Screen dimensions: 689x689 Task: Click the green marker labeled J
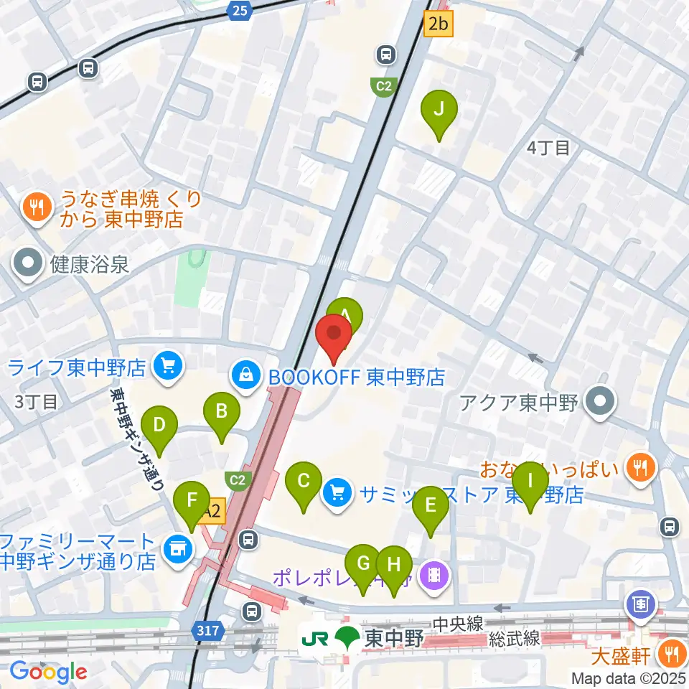[440, 110]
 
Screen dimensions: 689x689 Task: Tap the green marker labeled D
[159, 426]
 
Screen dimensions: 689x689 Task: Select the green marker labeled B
[222, 413]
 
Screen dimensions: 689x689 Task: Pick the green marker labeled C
[304, 482]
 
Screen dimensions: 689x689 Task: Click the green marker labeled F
[191, 500]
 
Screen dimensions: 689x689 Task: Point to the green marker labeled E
[431, 506]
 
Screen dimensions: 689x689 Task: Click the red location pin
[334, 334]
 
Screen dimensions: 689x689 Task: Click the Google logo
[48, 672]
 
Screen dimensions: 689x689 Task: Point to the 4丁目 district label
[548, 148]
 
